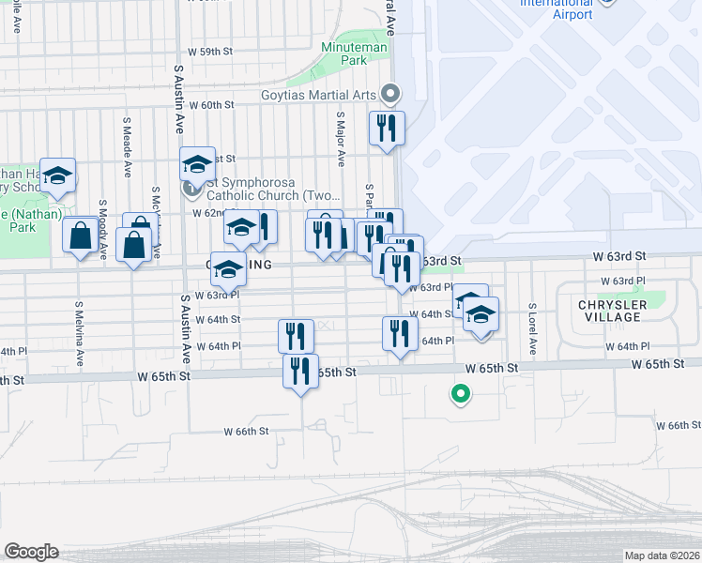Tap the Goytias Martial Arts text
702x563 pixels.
tap(318, 95)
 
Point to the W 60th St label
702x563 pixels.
tap(211, 105)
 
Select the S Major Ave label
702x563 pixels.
tap(339, 142)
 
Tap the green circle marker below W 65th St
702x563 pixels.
tap(460, 394)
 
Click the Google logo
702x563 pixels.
tap(31, 552)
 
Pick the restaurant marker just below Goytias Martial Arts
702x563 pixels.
tap(387, 128)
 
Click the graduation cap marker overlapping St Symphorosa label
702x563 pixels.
tap(198, 164)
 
